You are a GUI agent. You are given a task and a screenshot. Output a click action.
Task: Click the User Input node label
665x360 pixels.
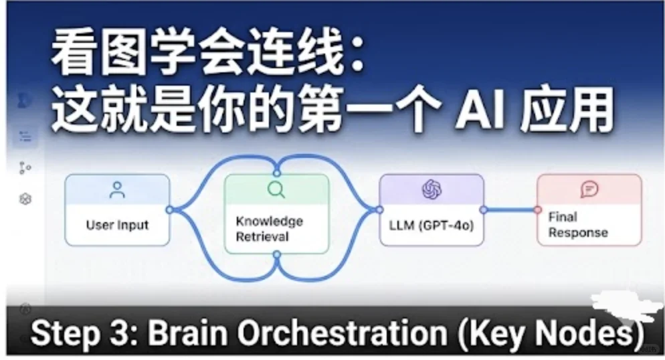118,225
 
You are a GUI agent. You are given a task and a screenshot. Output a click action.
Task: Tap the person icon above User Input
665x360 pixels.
117,190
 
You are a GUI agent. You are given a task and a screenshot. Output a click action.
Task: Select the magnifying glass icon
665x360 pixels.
276,189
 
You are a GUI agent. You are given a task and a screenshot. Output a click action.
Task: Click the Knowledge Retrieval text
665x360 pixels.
270,229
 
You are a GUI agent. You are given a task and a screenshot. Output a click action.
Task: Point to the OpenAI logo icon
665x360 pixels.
432,189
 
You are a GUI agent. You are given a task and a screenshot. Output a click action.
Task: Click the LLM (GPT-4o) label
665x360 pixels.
432,225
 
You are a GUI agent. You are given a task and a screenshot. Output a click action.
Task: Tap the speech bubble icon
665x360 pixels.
589,189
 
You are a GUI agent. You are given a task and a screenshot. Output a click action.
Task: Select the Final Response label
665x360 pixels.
577,225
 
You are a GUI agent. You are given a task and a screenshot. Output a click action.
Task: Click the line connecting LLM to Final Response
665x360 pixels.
510,209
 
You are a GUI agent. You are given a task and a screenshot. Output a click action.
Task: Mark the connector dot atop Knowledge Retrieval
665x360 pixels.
277,173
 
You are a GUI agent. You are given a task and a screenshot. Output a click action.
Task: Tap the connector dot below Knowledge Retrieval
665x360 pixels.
277,254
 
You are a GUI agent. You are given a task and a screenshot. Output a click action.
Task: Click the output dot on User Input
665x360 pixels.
170,209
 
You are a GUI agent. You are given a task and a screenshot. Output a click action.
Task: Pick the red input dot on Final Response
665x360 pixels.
538,209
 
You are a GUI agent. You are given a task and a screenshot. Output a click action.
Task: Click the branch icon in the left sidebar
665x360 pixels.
25,168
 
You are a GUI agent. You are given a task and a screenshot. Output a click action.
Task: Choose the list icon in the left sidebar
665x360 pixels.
25,136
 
